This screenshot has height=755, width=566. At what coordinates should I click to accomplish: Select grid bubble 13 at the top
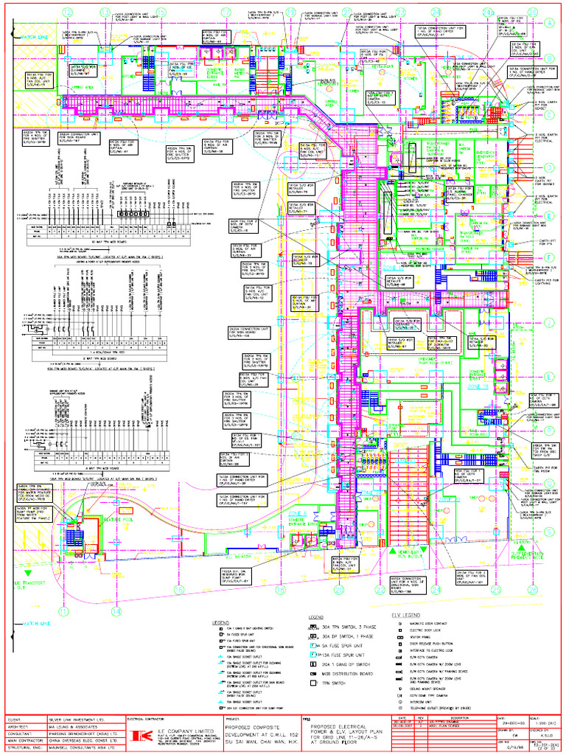click(103, 13)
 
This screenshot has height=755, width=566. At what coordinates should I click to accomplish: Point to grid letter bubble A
click(549, 23)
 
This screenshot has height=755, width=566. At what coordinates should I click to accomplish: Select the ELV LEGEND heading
click(406, 614)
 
